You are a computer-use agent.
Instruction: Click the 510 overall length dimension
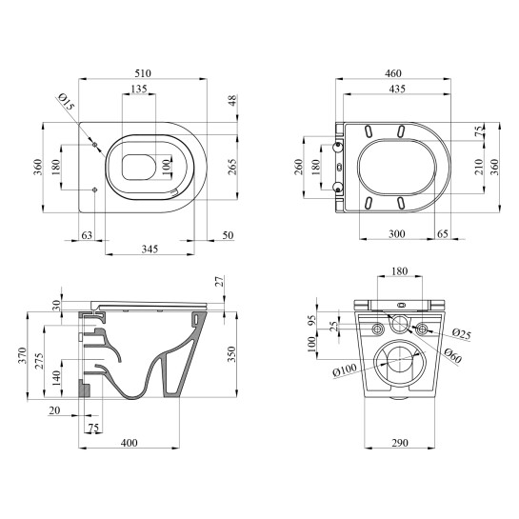pyautogui.click(x=143, y=73)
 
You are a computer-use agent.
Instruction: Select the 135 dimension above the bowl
pyautogui.click(x=139, y=89)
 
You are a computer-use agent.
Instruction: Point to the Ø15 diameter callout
pyautogui.click(x=67, y=101)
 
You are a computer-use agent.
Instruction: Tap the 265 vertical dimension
pyautogui.click(x=232, y=167)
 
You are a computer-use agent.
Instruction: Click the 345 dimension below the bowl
pyautogui.click(x=150, y=249)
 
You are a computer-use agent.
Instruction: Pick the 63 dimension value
pyautogui.click(x=87, y=235)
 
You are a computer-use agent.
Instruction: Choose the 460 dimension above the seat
pyautogui.click(x=393, y=73)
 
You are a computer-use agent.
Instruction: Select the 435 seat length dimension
pyautogui.click(x=397, y=89)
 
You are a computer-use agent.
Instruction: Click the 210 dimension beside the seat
pyautogui.click(x=479, y=167)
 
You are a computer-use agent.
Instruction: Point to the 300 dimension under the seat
pyautogui.click(x=396, y=234)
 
